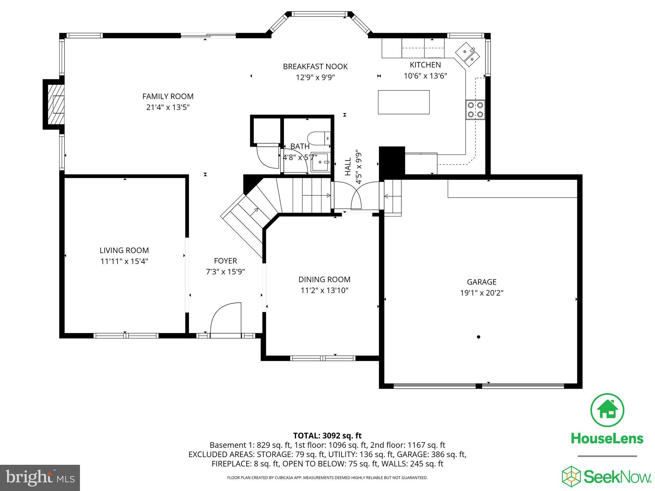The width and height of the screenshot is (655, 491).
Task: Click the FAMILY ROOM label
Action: pos(168,96)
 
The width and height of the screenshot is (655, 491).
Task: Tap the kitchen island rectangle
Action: pos(404,102)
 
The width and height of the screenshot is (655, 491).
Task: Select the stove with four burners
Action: pos(475,110)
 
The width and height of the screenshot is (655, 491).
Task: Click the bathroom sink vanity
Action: pos(320,162)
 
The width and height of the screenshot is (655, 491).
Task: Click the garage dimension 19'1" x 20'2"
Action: pos(482,293)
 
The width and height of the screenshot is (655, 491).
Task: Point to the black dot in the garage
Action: pos(478,337)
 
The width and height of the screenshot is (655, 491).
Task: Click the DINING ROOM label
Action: pos(324,279)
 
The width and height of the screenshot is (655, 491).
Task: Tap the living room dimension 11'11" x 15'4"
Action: pos(124,261)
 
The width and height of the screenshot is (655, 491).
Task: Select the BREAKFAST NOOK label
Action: pos(315,66)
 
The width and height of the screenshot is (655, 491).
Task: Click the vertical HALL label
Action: pos(348,167)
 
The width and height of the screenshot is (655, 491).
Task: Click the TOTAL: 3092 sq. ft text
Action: pos(327,435)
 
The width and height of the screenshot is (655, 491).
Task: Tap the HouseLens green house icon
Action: pos(607,410)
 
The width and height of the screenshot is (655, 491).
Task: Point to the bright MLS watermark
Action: pos(40,478)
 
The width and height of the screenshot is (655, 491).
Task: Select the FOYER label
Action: pos(225,261)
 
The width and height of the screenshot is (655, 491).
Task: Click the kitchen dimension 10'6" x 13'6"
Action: pos(425,76)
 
